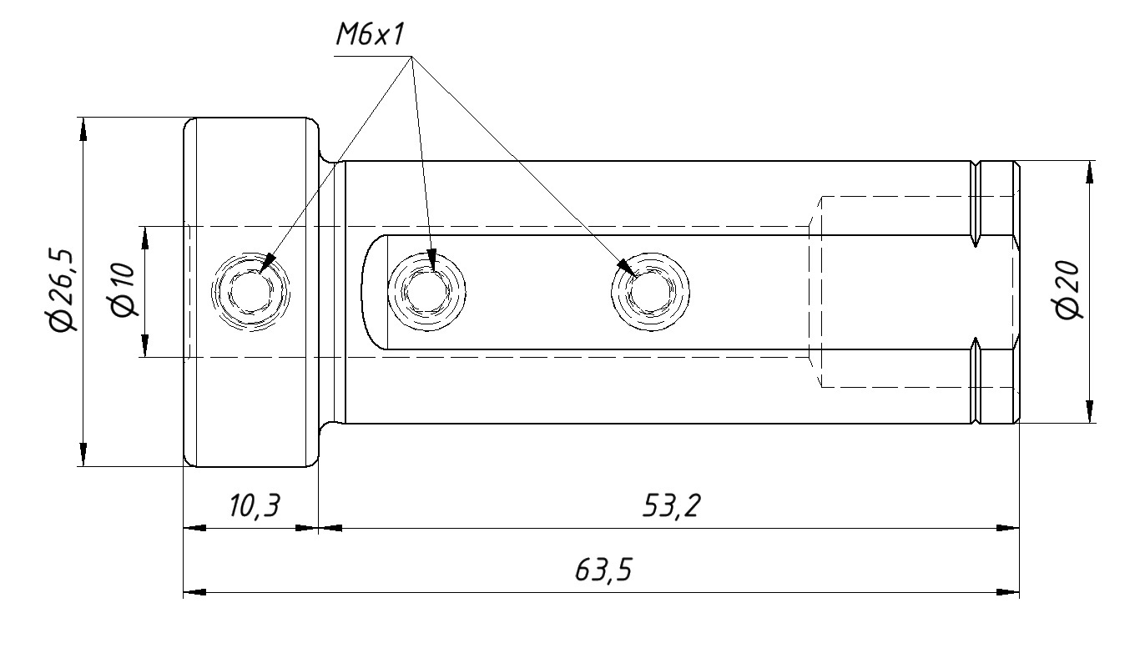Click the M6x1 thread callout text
(371, 35)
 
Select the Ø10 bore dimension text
(123, 291)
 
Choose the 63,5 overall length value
(603, 571)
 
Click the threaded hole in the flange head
(250, 292)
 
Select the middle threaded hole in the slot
(427, 292)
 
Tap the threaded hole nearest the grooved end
(649, 292)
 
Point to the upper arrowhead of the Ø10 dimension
(144, 237)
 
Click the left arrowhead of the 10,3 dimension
(194, 527)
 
